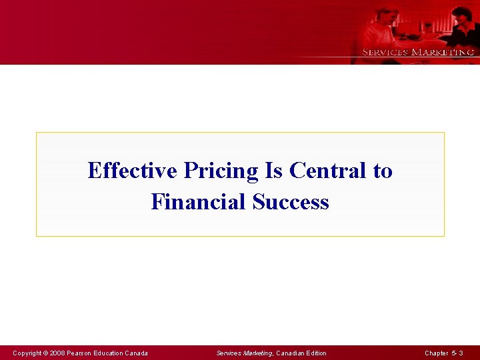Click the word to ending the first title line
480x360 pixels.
coord(383,171)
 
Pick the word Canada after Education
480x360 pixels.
coord(137,353)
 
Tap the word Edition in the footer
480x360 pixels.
coord(316,353)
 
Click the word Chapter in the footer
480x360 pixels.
coord(437,353)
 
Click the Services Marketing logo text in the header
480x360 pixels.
coord(417,52)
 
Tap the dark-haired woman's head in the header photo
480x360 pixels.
coord(461,14)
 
